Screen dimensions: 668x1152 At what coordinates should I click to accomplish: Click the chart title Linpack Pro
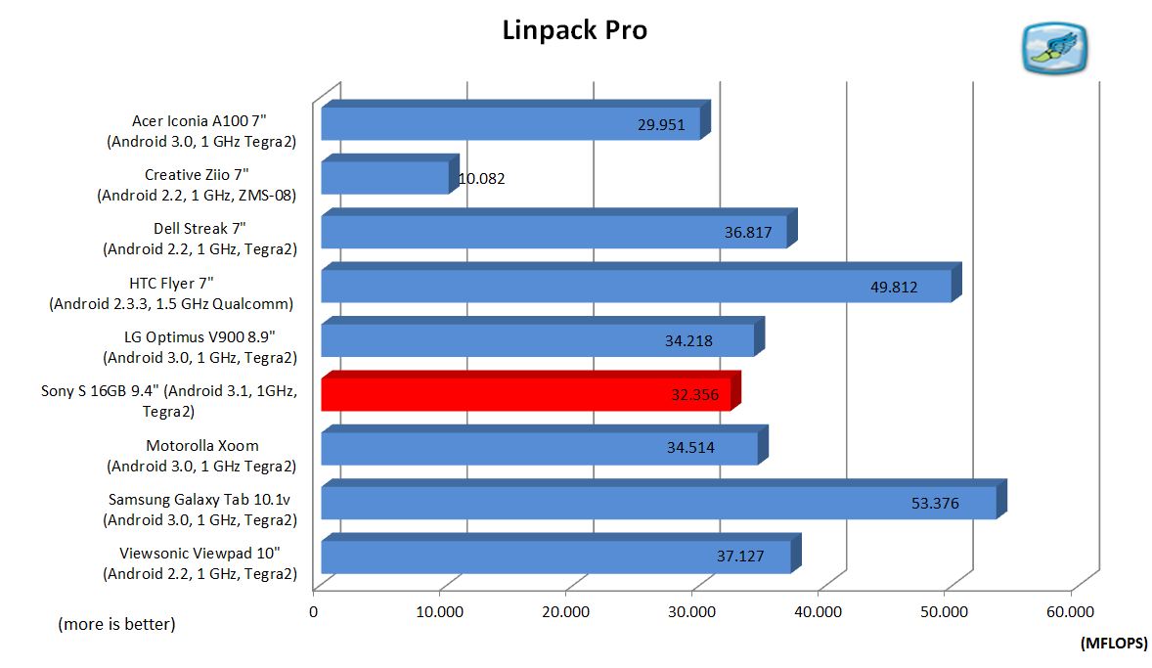coord(574,30)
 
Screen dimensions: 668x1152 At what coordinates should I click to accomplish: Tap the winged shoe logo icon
coord(1054,48)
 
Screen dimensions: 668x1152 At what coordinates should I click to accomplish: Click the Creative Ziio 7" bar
coord(385,178)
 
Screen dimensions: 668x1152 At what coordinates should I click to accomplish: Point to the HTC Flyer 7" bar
coord(636,286)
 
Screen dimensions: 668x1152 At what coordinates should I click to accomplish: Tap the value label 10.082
coord(482,179)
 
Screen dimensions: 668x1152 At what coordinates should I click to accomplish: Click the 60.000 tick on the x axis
coord(1071,612)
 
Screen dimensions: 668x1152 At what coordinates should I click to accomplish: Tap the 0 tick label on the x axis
coord(314,612)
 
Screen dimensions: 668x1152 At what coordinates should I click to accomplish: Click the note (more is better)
coord(116,623)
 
